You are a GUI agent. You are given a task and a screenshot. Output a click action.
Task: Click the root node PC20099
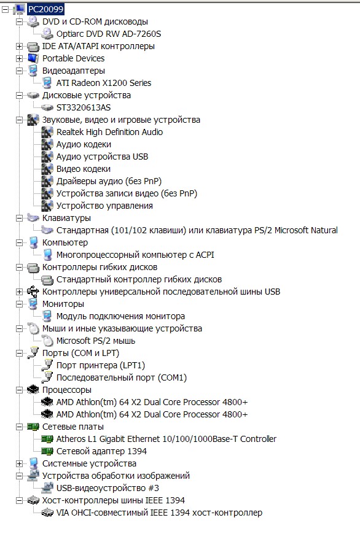click(45, 9)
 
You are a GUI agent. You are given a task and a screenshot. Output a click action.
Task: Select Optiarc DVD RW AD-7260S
click(109, 34)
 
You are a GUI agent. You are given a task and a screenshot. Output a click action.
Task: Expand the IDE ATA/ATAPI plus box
click(20, 46)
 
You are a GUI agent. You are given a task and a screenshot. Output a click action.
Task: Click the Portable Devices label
click(73, 58)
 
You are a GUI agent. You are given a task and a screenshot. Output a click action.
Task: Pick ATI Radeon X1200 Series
click(104, 83)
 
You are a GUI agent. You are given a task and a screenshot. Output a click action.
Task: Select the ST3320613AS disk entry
click(84, 107)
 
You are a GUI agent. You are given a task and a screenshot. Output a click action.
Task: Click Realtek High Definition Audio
click(109, 132)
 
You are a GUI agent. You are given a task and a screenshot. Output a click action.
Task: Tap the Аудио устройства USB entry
click(102, 157)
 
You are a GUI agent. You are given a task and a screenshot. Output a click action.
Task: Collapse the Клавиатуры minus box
click(20, 218)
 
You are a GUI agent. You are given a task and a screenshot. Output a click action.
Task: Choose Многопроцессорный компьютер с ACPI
click(135, 255)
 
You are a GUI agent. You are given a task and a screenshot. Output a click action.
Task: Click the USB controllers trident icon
click(33, 292)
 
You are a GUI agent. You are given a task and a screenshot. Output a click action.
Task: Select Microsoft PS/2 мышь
click(95, 341)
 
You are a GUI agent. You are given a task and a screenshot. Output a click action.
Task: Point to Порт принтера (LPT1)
click(100, 365)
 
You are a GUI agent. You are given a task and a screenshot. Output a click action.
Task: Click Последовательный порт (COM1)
click(122, 377)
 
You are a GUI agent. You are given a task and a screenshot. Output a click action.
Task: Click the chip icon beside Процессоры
click(33, 390)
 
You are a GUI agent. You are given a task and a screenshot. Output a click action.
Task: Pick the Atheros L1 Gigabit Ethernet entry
click(166, 439)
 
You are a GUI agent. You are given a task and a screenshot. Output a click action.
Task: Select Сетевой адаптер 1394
click(101, 451)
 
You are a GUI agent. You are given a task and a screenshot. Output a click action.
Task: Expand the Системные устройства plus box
click(20, 463)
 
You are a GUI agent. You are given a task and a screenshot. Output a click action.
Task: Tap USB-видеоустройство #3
click(108, 488)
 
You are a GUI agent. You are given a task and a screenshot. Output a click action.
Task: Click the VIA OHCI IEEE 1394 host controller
click(159, 513)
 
